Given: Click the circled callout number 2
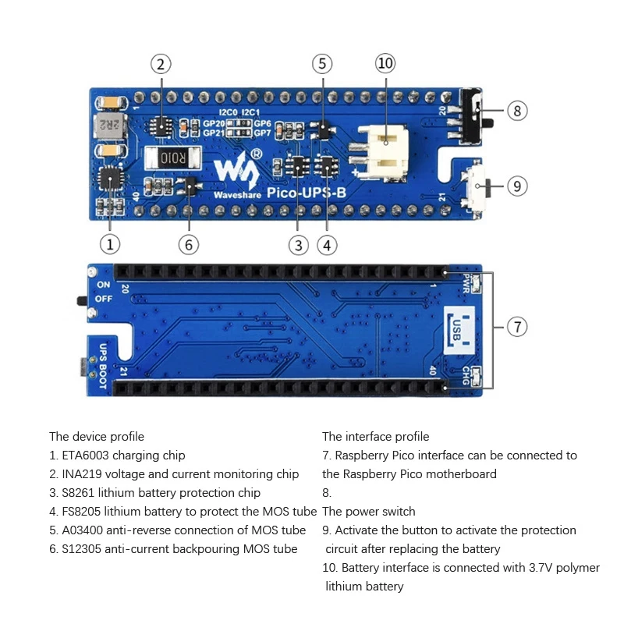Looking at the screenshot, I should click(x=160, y=64).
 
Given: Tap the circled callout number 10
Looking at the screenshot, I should click(x=385, y=64).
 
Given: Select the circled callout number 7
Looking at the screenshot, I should click(x=517, y=327).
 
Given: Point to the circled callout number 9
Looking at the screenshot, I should click(x=517, y=186).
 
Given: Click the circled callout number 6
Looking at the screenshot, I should click(x=188, y=244).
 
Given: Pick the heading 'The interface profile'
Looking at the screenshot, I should click(x=375, y=437).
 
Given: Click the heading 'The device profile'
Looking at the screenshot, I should click(x=97, y=437).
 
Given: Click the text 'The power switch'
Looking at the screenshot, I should click(x=368, y=512).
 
